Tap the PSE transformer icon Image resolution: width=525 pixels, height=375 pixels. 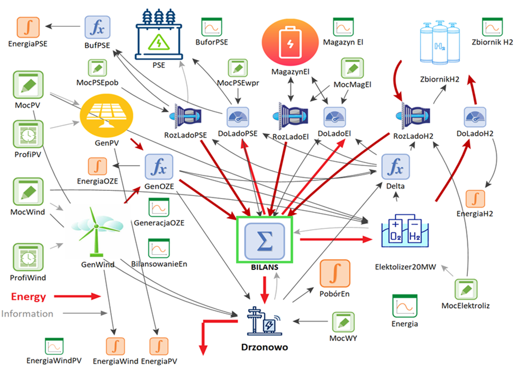coord(159,36)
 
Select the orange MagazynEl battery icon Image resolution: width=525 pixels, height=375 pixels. coord(290,44)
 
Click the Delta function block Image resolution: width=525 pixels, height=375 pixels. coord(396,168)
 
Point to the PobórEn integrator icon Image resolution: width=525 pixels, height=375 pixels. coord(335,273)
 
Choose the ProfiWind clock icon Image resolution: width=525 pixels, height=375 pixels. coord(28,257)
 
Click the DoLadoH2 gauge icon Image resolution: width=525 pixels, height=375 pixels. coord(475,117)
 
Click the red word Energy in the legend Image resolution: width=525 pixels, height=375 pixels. coord(28,297)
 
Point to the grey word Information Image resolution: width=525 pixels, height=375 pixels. coord(27,313)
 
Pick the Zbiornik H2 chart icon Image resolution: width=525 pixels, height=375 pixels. coord(492,27)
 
